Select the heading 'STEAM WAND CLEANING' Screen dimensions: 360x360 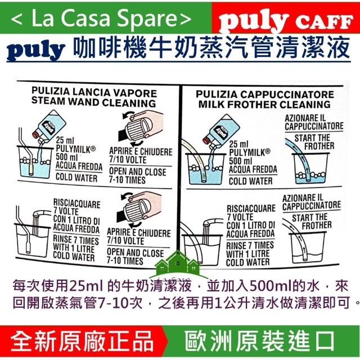point(94,102)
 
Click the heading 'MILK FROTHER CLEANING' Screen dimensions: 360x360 point(264,104)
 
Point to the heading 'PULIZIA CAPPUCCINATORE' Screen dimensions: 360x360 point(265,94)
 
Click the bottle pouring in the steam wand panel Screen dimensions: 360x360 point(50,126)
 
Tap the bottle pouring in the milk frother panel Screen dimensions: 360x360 point(222,131)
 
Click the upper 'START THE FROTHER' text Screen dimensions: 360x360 point(314,142)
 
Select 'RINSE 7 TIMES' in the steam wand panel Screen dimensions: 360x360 point(76,240)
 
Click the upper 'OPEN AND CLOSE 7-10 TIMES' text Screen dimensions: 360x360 point(137,175)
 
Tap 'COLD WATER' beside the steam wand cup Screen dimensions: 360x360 point(76,178)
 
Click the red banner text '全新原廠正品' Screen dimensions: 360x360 point(82,343)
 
